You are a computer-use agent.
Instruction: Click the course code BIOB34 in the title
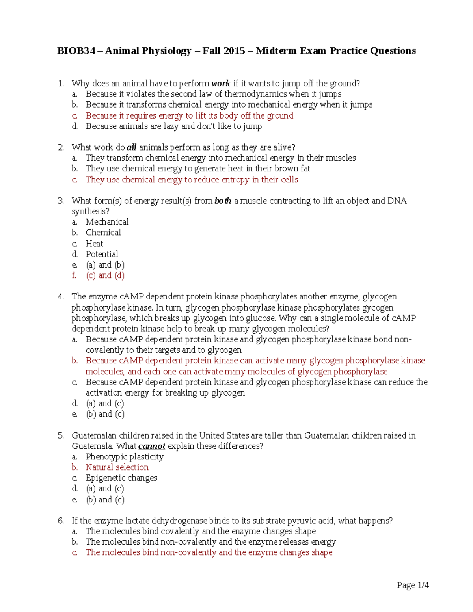(76, 51)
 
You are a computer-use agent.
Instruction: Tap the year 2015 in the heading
(234, 51)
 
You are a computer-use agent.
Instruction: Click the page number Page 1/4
(412, 585)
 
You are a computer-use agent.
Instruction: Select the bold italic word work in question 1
(220, 83)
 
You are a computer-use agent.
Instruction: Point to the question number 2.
(61, 147)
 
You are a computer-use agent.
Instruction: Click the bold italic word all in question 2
(131, 147)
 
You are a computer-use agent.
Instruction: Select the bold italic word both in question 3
(223, 201)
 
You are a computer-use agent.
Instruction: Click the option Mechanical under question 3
(107, 222)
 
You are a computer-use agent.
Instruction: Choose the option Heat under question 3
(95, 244)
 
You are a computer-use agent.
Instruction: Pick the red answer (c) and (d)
(105, 275)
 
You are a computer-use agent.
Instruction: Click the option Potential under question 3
(102, 254)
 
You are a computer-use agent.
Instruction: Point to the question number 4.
(61, 296)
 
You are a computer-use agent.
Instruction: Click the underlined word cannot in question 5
(152, 446)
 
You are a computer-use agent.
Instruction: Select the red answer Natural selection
(117, 467)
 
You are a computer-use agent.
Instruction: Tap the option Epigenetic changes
(121, 478)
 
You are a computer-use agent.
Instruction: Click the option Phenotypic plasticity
(125, 457)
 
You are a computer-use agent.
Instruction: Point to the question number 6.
(61, 521)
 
